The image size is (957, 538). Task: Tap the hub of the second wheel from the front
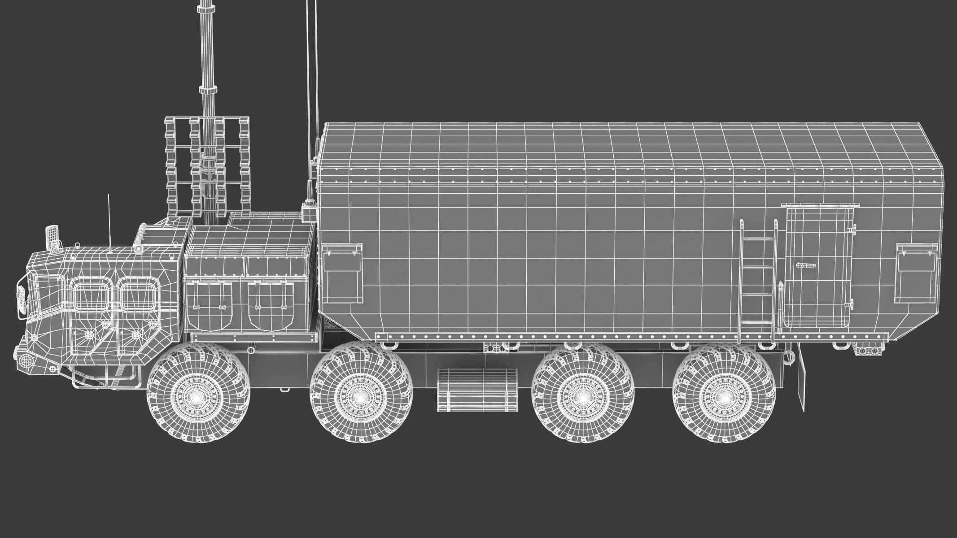(x=361, y=398)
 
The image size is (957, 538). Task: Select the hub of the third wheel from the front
(x=582, y=398)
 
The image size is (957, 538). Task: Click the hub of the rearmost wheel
(x=723, y=398)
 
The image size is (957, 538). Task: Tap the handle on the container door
(x=805, y=266)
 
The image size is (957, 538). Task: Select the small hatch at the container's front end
(x=342, y=273)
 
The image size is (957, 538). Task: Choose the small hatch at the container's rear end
(x=917, y=273)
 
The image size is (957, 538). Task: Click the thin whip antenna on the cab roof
(x=109, y=224)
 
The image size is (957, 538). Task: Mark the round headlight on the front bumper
(x=26, y=360)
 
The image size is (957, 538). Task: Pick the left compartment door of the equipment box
(x=209, y=304)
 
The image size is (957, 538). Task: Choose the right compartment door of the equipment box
(x=271, y=304)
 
